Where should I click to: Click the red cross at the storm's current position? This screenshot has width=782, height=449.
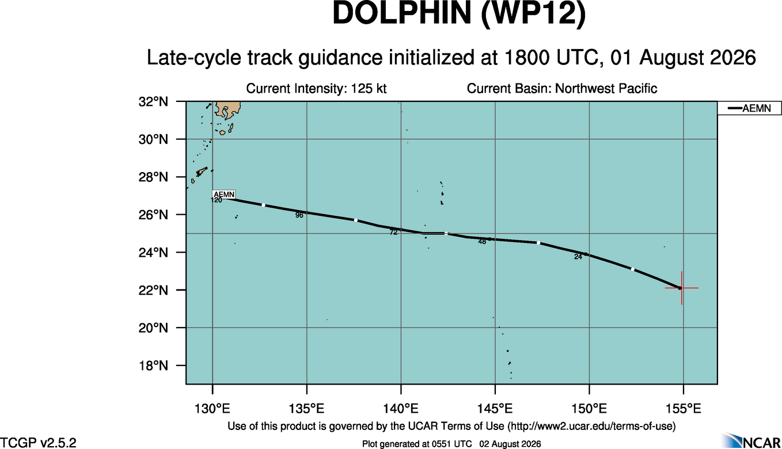tap(681, 288)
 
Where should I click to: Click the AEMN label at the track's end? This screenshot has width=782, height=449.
tap(224, 195)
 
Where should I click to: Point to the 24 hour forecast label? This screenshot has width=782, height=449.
tap(578, 257)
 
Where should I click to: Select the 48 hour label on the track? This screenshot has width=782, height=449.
tap(482, 242)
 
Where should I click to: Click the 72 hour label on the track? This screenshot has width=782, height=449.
tap(393, 233)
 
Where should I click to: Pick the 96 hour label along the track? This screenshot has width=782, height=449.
tap(299, 215)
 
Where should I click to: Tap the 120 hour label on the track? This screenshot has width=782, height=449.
tap(216, 200)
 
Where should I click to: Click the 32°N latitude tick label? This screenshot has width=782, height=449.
tap(153, 102)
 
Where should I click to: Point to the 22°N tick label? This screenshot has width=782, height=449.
tap(153, 290)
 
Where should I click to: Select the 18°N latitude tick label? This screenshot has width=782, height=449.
tap(153, 366)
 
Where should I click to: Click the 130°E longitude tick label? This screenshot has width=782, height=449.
tap(212, 408)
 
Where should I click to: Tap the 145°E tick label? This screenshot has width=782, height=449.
tap(495, 408)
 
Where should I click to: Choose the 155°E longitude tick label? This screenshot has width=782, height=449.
tap(683, 408)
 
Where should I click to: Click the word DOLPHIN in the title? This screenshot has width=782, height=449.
tap(402, 13)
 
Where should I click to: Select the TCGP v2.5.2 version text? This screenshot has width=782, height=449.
tap(38, 443)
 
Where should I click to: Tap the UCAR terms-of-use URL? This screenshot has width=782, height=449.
tap(591, 427)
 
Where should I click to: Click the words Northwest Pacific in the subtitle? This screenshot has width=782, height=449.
tap(606, 89)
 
